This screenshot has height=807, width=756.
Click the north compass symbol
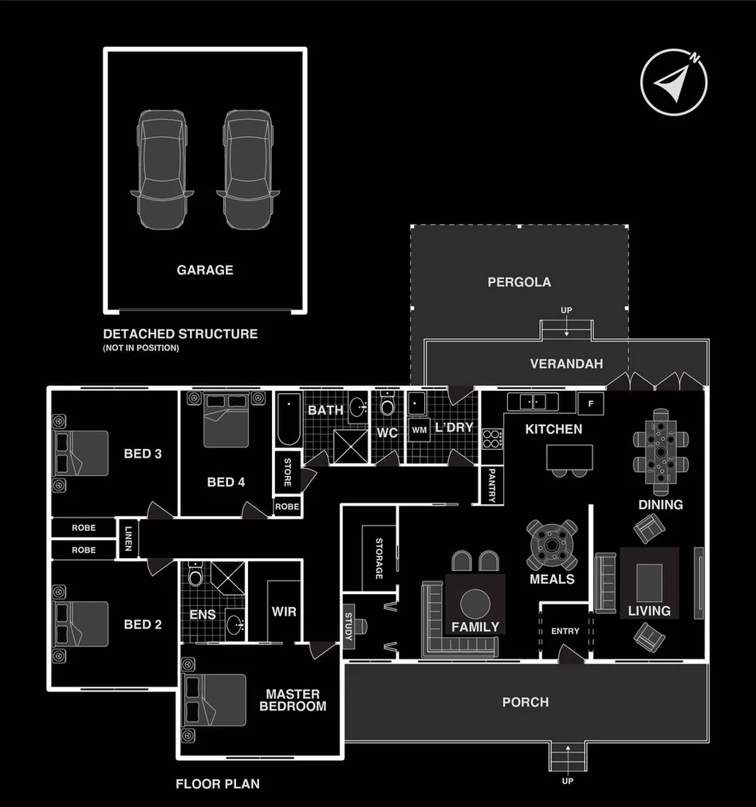coord(674,82)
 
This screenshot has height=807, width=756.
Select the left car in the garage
coord(162,168)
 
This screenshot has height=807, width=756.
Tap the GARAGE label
coord(205,270)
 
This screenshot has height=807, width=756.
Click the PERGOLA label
coord(519,282)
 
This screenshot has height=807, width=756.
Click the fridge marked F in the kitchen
coord(590,403)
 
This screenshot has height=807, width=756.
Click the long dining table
coord(661,451)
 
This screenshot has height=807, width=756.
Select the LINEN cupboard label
coord(128,539)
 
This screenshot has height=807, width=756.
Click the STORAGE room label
coord(380,558)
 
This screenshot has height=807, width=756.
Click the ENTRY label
coord(565,632)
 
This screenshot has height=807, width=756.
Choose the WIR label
coord(284,612)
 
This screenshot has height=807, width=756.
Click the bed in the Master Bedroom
coord(215,700)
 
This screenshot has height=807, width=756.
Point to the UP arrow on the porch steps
coord(567,754)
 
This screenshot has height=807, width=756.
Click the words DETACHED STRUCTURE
coord(180,334)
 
